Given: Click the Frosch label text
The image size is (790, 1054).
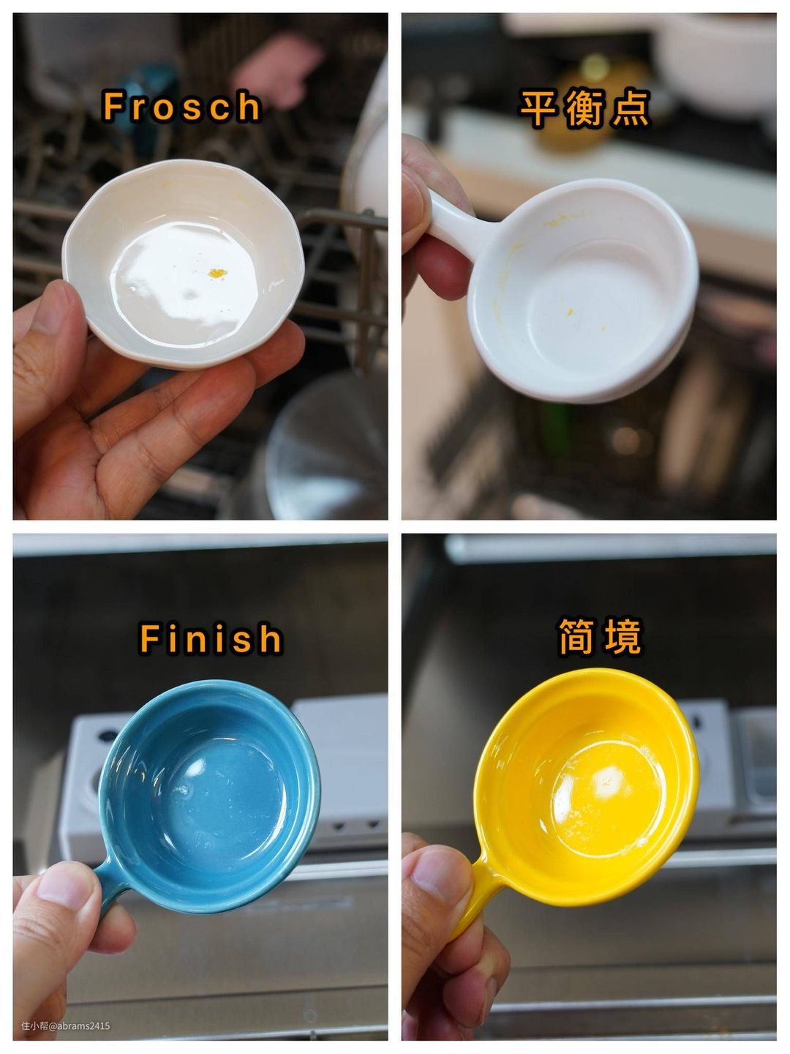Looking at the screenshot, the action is pyautogui.click(x=182, y=107).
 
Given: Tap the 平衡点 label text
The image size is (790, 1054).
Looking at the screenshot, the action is pyautogui.click(x=585, y=109).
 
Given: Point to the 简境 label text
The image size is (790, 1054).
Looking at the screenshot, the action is pyautogui.click(x=600, y=637).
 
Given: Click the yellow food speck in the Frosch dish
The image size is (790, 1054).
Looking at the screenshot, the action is pyautogui.click(x=217, y=273).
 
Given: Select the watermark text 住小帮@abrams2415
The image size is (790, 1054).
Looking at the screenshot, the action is pyautogui.click(x=65, y=1025).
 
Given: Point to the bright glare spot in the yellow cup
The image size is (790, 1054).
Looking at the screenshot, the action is pyautogui.click(x=608, y=778).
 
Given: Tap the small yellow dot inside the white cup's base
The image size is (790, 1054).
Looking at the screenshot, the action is pyautogui.click(x=570, y=312).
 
